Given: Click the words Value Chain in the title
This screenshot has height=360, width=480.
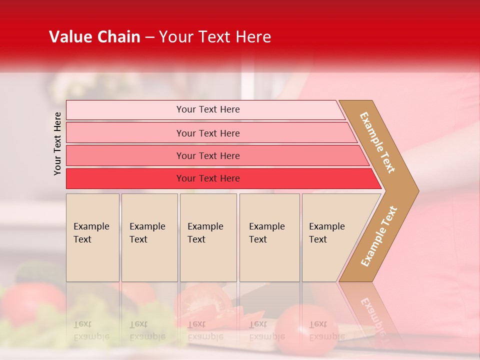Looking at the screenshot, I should click(94, 37).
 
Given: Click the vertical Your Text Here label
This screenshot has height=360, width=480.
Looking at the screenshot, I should click(57, 143).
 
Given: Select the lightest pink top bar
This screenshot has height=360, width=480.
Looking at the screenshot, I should click(125, 110).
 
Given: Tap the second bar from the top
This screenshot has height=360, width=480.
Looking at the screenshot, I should click(125, 133).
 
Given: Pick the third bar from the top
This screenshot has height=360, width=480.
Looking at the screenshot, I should click(125, 155).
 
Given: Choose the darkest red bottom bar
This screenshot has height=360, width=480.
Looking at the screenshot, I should click(125, 178).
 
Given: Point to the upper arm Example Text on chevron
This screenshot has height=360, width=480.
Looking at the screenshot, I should click(377, 142).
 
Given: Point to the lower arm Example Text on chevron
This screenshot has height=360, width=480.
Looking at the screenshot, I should click(379, 236).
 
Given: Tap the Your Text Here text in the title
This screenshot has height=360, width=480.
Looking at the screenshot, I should click(215, 37).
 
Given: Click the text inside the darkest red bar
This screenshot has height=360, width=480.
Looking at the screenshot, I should click(208, 178).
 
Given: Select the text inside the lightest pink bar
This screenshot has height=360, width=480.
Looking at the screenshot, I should click(208, 109).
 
